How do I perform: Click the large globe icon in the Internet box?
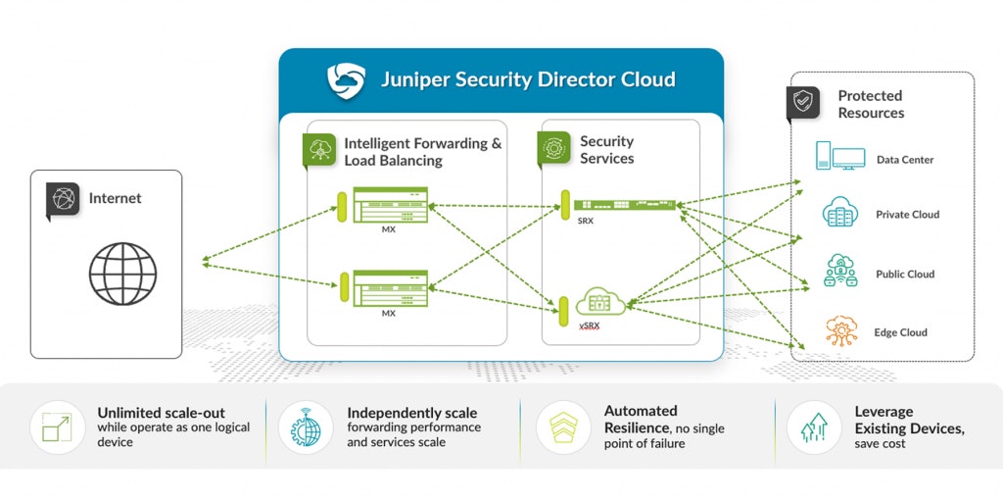tap(122, 275)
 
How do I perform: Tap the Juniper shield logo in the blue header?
tap(345, 80)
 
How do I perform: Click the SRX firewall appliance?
tap(625, 204)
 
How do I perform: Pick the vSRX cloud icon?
tap(600, 303)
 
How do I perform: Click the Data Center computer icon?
tap(839, 157)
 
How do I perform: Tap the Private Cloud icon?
tap(840, 213)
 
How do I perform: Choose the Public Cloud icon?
tap(840, 272)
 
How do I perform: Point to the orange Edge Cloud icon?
tap(840, 330)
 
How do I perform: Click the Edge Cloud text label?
tap(900, 332)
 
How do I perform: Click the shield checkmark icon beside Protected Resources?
tap(803, 102)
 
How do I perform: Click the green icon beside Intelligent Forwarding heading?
tap(319, 149)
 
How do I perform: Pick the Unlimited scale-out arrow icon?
tap(57, 427)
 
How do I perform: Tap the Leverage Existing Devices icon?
tap(813, 427)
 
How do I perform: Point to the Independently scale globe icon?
tap(306, 427)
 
